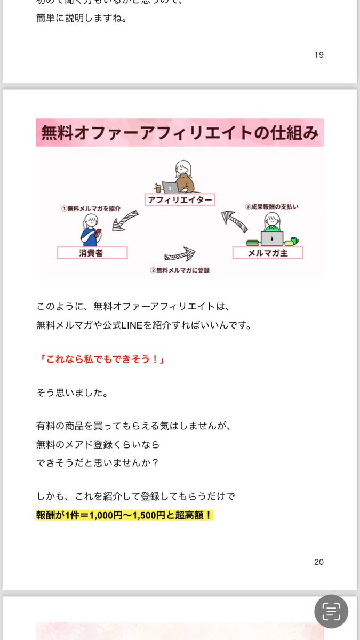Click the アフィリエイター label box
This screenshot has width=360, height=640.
click(179, 200)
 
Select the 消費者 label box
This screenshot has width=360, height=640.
click(92, 253)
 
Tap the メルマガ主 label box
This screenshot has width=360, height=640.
click(268, 253)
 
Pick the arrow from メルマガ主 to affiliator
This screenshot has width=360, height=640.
click(234, 221)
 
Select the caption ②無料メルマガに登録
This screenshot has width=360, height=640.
click(180, 270)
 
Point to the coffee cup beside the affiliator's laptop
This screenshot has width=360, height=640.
click(157, 188)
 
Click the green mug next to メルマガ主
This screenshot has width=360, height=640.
click(294, 241)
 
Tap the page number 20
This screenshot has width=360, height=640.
click(319, 562)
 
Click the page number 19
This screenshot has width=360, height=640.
click(319, 54)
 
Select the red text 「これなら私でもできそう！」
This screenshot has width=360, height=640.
click(101, 359)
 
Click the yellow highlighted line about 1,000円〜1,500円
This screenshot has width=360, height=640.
click(125, 516)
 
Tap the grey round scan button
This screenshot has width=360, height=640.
click(331, 611)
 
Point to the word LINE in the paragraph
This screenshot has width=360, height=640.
click(132, 325)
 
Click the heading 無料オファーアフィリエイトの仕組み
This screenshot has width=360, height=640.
click(180, 132)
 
